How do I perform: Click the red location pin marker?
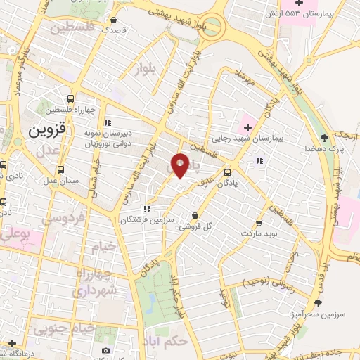click(180, 165)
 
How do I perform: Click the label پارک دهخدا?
click(323, 149)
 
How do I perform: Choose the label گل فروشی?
click(195, 226)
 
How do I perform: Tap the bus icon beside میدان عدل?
click(61, 169)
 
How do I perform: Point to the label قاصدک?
click(114, 30)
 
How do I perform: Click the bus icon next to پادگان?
click(227, 172)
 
